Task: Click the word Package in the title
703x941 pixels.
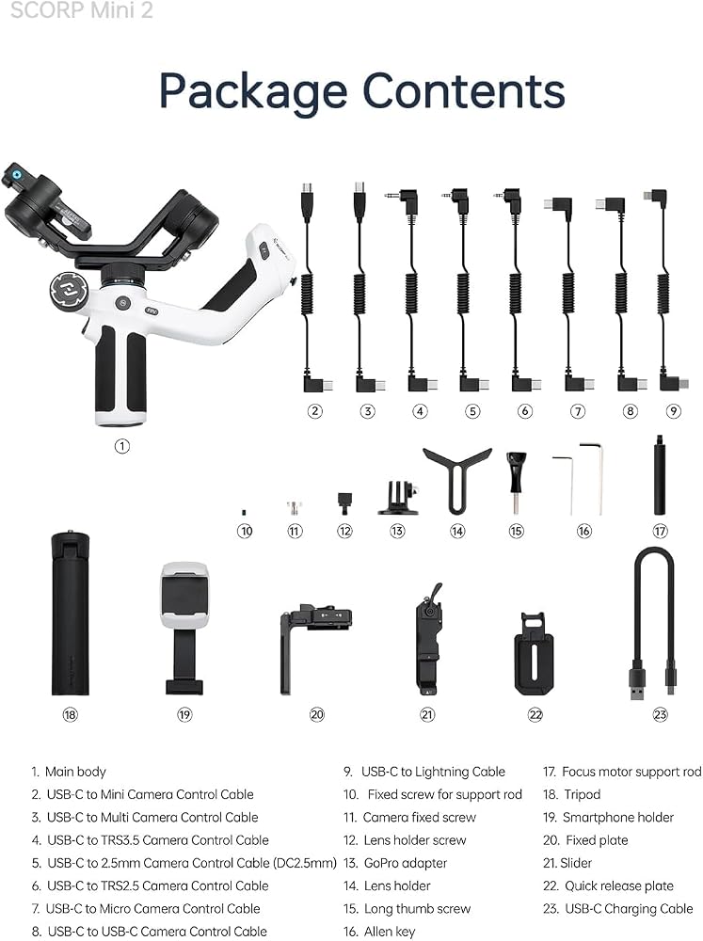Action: click(253, 92)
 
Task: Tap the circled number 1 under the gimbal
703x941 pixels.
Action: click(121, 446)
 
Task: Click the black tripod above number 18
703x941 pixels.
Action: click(71, 614)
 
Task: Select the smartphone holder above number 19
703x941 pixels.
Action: click(184, 629)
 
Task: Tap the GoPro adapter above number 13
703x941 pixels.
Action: click(397, 498)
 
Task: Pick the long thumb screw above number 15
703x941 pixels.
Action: click(517, 483)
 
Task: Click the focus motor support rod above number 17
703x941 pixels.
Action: click(659, 475)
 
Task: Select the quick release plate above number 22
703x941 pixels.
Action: click(534, 654)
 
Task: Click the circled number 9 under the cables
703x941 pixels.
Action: click(674, 411)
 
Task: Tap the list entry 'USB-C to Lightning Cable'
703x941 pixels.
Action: click(433, 772)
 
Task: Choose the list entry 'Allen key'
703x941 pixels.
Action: click(389, 932)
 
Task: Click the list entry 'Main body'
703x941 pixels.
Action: click(75, 772)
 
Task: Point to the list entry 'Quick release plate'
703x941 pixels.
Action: click(619, 885)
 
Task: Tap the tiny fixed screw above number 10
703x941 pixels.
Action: click(244, 512)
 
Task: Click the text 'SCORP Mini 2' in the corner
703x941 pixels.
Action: click(82, 9)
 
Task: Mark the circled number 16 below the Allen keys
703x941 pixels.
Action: click(583, 531)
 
